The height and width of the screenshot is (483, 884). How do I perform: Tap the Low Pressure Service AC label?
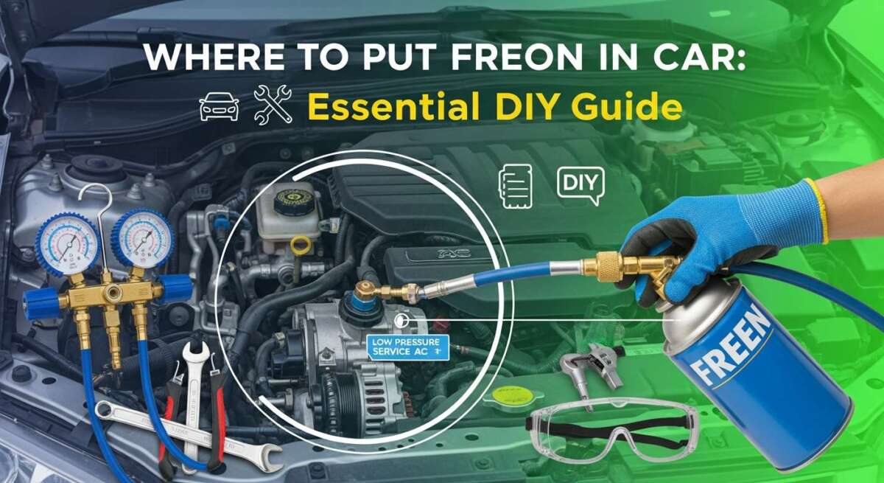407,347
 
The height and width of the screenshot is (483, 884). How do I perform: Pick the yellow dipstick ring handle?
300,243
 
